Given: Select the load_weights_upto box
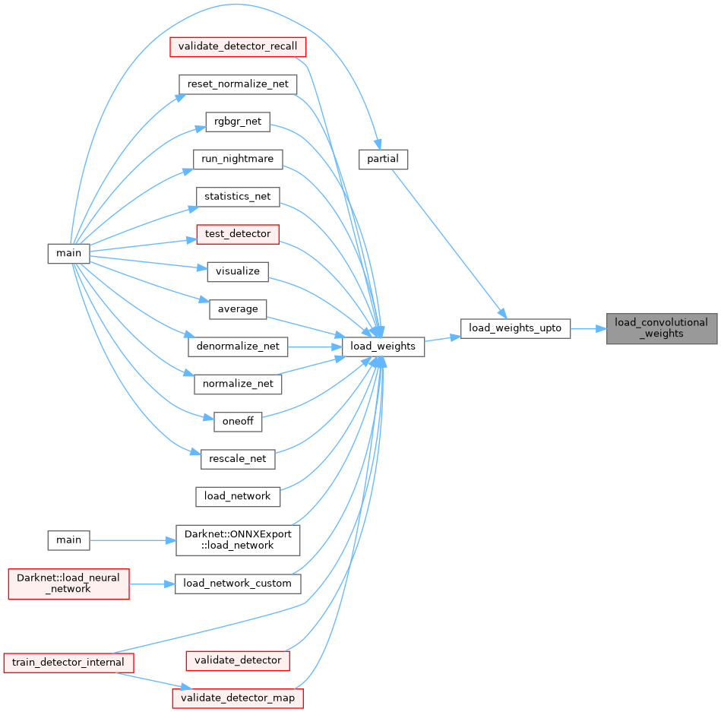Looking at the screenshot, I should click(515, 328).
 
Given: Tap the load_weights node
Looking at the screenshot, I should click(383, 347).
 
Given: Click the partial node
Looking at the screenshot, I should click(384, 159).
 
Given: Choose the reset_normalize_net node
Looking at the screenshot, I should click(237, 84).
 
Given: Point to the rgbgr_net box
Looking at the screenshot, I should click(238, 121).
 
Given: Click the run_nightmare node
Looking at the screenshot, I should click(238, 159).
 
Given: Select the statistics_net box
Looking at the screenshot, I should click(238, 196).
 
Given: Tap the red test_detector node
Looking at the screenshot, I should click(238, 233).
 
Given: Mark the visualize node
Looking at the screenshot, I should click(238, 271).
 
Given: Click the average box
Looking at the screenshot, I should click(238, 309).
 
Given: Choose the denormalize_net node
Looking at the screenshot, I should click(238, 347).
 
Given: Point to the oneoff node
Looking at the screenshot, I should click(238, 422).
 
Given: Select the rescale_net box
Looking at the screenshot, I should click(238, 459).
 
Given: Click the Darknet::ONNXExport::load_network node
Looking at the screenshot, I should click(238, 540).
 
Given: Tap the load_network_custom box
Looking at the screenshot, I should click(238, 584).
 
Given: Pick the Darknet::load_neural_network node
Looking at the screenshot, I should click(68, 584).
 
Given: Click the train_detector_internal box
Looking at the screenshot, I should click(68, 662).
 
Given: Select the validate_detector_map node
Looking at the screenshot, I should click(238, 698).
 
